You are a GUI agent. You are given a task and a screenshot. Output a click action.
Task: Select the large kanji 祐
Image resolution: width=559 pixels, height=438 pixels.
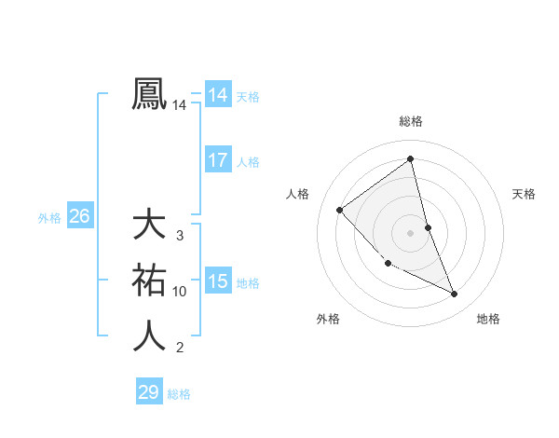point(150,280)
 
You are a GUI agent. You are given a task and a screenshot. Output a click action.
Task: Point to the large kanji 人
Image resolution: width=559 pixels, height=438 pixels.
point(150,335)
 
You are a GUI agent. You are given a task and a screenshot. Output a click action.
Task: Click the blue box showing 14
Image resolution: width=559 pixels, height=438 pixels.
point(217,94)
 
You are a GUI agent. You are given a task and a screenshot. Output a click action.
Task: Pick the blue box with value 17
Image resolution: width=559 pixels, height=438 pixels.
point(217,160)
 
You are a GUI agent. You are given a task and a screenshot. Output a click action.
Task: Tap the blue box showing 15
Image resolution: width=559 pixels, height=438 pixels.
point(217,281)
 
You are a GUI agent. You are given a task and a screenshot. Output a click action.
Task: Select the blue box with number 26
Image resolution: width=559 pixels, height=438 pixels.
point(79,216)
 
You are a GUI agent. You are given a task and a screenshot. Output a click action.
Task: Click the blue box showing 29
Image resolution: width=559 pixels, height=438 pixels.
point(149,392)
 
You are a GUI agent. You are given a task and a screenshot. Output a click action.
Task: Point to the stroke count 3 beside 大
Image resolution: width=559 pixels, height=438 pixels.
point(180,236)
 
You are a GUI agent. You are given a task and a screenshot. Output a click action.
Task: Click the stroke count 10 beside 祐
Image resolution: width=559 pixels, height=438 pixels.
point(180,292)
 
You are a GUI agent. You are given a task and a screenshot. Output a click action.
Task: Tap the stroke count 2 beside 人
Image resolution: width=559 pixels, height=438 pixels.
point(180,348)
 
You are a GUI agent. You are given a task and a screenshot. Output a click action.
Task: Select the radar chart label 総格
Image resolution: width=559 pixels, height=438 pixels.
point(411,121)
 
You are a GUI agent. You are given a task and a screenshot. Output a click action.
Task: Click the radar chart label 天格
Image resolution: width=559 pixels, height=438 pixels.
point(525,194)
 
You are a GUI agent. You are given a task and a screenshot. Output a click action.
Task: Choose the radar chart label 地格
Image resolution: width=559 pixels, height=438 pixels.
point(488,319)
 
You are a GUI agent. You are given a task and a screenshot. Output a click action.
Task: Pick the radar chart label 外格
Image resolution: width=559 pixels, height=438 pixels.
point(328,319)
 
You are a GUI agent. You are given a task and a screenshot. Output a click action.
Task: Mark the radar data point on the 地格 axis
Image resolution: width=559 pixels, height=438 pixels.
point(455,294)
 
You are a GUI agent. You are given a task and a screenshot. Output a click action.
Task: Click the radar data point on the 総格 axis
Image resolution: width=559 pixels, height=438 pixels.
point(411,159)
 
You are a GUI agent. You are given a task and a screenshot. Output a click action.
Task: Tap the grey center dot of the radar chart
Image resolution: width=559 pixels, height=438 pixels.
point(411,232)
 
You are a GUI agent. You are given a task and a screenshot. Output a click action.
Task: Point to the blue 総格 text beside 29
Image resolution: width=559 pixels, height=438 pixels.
point(179,394)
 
